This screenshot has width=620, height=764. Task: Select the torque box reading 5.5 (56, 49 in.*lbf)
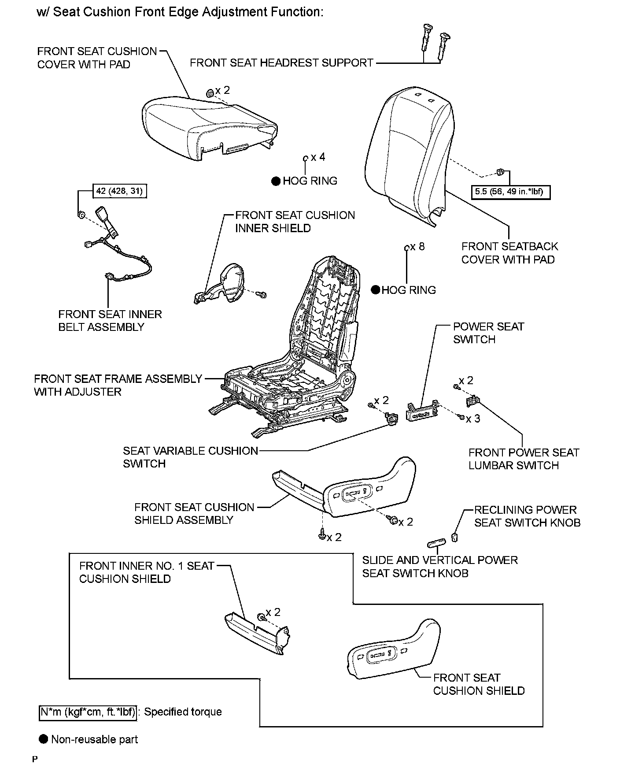pos(510,192)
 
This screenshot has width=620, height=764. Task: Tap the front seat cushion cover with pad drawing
pos(207,128)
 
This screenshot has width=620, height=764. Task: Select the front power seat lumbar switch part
pos(472,401)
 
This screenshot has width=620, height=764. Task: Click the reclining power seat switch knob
pos(455,537)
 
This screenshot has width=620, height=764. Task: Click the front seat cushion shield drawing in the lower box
pos(392,652)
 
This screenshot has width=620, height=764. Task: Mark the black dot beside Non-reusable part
pos(43,739)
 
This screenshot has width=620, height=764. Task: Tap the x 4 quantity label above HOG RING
pos(317,157)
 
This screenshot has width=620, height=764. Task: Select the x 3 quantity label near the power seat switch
pos(473,419)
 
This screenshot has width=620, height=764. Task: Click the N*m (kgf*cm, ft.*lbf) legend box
pos(88,712)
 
